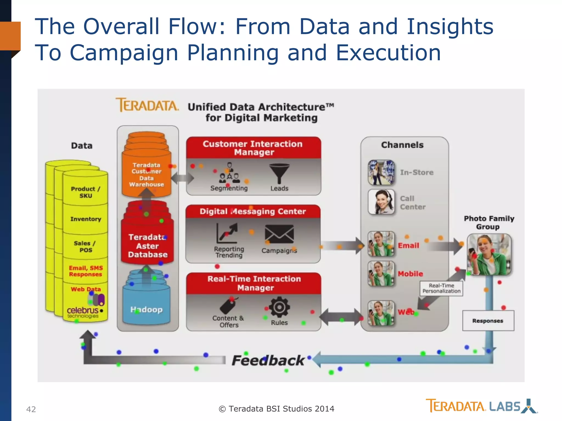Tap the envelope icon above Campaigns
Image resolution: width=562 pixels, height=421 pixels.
pyautogui.click(x=279, y=234)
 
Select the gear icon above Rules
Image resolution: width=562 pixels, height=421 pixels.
pyautogui.click(x=279, y=307)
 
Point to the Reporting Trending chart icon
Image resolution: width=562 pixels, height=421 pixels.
pyautogui.click(x=227, y=233)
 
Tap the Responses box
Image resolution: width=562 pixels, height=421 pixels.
pyautogui.click(x=488, y=321)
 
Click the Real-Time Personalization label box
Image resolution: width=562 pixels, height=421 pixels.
pyautogui.click(x=441, y=289)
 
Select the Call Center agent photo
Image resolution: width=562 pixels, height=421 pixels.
pyautogui.click(x=381, y=202)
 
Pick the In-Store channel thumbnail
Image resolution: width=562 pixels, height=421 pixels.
pyautogui.click(x=381, y=172)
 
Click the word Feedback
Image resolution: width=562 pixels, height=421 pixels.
pyautogui.click(x=268, y=360)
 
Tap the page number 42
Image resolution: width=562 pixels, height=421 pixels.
pyautogui.click(x=31, y=409)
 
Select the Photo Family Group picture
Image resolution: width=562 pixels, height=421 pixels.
pyautogui.click(x=489, y=254)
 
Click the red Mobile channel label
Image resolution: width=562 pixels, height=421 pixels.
pyautogui.click(x=410, y=274)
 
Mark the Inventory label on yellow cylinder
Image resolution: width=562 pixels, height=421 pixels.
pyautogui.click(x=86, y=219)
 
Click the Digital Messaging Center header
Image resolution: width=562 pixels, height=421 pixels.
pyautogui.click(x=253, y=211)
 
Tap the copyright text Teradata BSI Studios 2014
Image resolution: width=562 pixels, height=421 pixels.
pyautogui.click(x=276, y=409)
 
